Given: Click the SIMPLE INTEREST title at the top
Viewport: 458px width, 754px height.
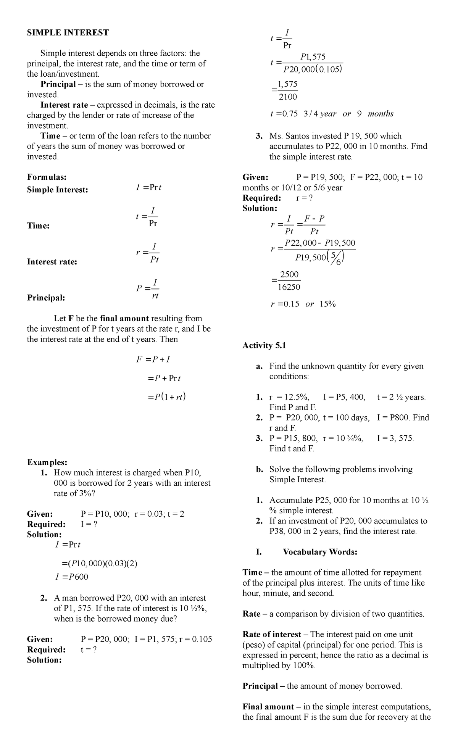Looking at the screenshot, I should [68, 33].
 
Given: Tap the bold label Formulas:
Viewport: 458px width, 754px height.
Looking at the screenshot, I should [47, 177].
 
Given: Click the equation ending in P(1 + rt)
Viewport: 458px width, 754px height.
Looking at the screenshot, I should [167, 397].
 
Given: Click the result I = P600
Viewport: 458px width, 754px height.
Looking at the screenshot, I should [72, 577].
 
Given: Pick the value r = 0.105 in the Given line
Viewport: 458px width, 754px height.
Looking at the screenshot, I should [195, 639].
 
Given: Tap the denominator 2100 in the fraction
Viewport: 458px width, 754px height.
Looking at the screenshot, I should [288, 97].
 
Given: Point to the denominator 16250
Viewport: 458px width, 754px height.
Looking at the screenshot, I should [289, 287].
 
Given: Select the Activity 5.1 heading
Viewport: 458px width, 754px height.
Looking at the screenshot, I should [264, 346].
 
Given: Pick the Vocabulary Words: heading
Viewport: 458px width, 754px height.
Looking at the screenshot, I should [320, 552].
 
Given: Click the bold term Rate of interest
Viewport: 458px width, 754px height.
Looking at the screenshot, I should [272, 635].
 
